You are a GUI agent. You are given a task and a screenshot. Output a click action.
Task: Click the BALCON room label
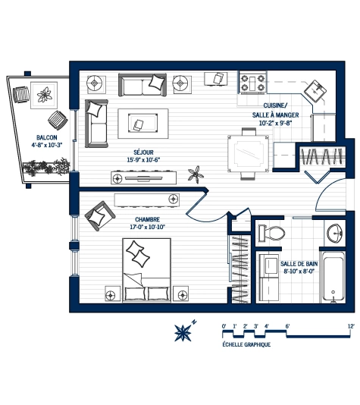point(44,137)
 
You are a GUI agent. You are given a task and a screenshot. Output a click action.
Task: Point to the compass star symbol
point(183,331)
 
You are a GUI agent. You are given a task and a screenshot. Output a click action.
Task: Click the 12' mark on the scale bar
point(351,325)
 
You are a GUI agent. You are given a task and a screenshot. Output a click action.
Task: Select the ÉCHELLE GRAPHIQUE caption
point(246,344)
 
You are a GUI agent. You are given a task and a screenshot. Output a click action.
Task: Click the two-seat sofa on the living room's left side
point(96,123)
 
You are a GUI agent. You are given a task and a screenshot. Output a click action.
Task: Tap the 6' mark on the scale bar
point(287,325)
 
